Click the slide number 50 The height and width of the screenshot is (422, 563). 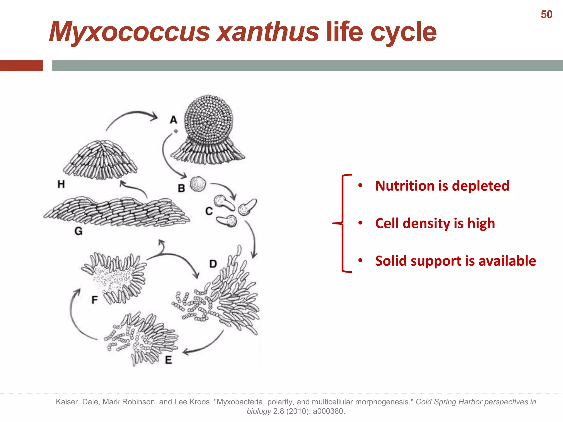[546, 15]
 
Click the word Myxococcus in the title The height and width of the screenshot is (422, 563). [129, 32]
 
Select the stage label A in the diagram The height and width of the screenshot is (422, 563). [173, 120]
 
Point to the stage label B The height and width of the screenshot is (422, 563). [181, 188]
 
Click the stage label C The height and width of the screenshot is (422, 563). [209, 211]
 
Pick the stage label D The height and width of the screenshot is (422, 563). [213, 264]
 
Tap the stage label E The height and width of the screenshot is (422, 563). [169, 360]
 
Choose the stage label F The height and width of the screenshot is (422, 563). [95, 300]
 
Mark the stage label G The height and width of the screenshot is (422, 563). [78, 231]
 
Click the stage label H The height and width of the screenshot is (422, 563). [61, 184]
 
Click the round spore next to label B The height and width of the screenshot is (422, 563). [198, 184]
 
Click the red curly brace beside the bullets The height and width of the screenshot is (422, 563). [343, 223]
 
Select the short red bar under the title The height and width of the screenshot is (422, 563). [21, 66]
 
